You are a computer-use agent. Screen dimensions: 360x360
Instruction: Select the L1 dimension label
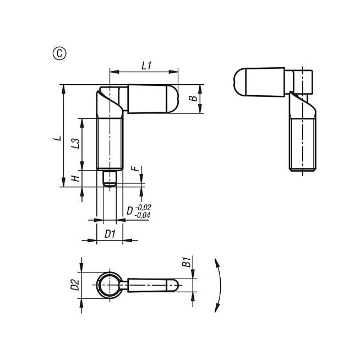pos(146,66)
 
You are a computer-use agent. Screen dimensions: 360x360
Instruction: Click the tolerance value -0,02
pos(143,207)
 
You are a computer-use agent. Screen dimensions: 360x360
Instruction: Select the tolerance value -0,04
pos(143,215)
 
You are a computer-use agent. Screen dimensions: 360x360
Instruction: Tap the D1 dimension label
pos(110,234)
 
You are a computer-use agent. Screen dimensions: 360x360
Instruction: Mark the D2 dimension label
pos(75,285)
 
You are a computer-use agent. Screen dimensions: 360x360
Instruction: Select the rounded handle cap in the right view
pos(239,81)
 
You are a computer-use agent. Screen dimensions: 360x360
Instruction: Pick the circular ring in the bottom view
pos(108,285)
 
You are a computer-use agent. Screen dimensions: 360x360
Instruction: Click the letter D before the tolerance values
pos(129,211)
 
